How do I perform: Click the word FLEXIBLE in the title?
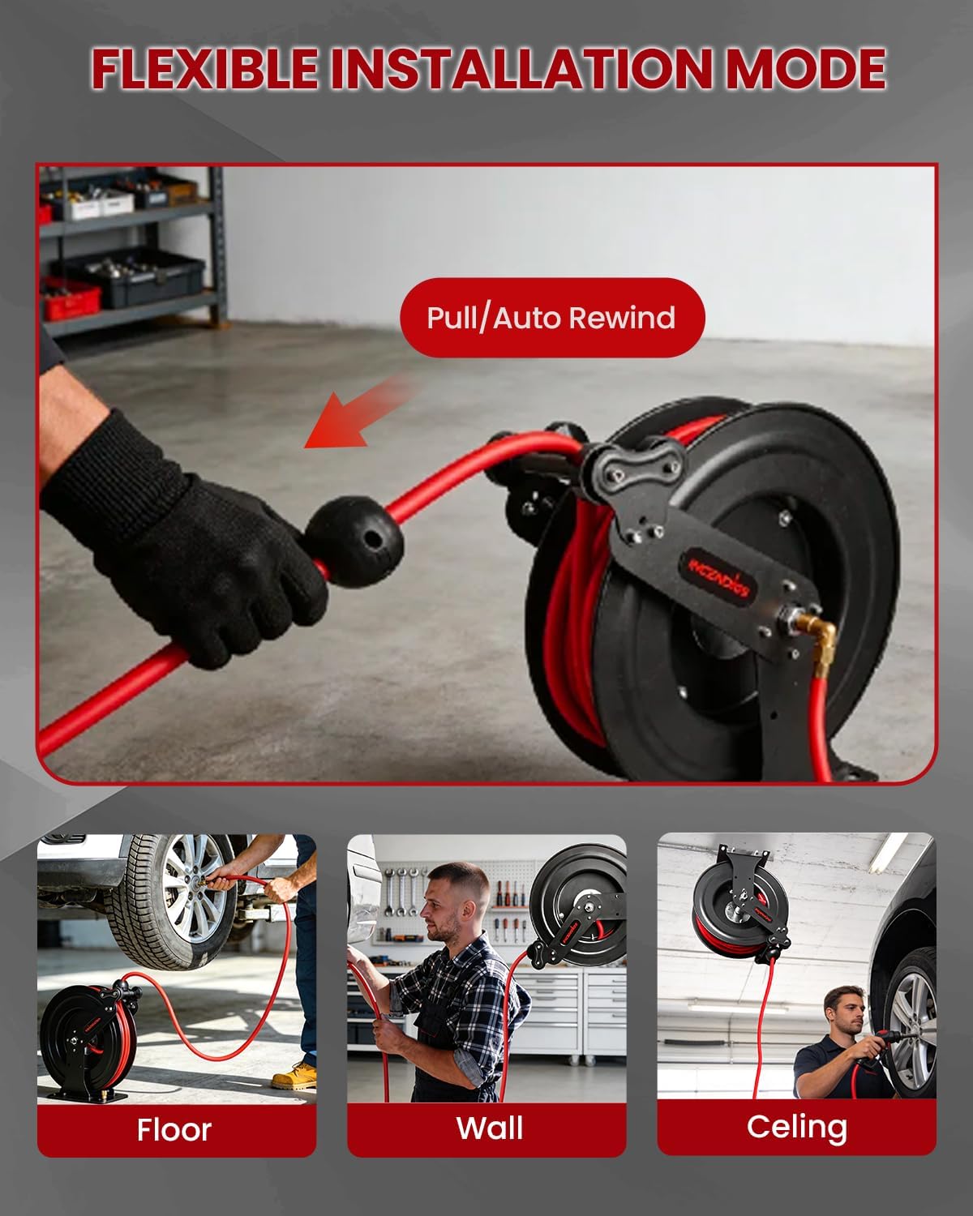(x=204, y=69)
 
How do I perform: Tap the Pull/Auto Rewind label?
(x=552, y=318)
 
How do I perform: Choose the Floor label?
(x=174, y=1129)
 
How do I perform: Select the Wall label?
(x=489, y=1128)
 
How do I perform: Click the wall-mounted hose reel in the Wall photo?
(x=577, y=904)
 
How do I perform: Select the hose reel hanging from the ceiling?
(x=738, y=904)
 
